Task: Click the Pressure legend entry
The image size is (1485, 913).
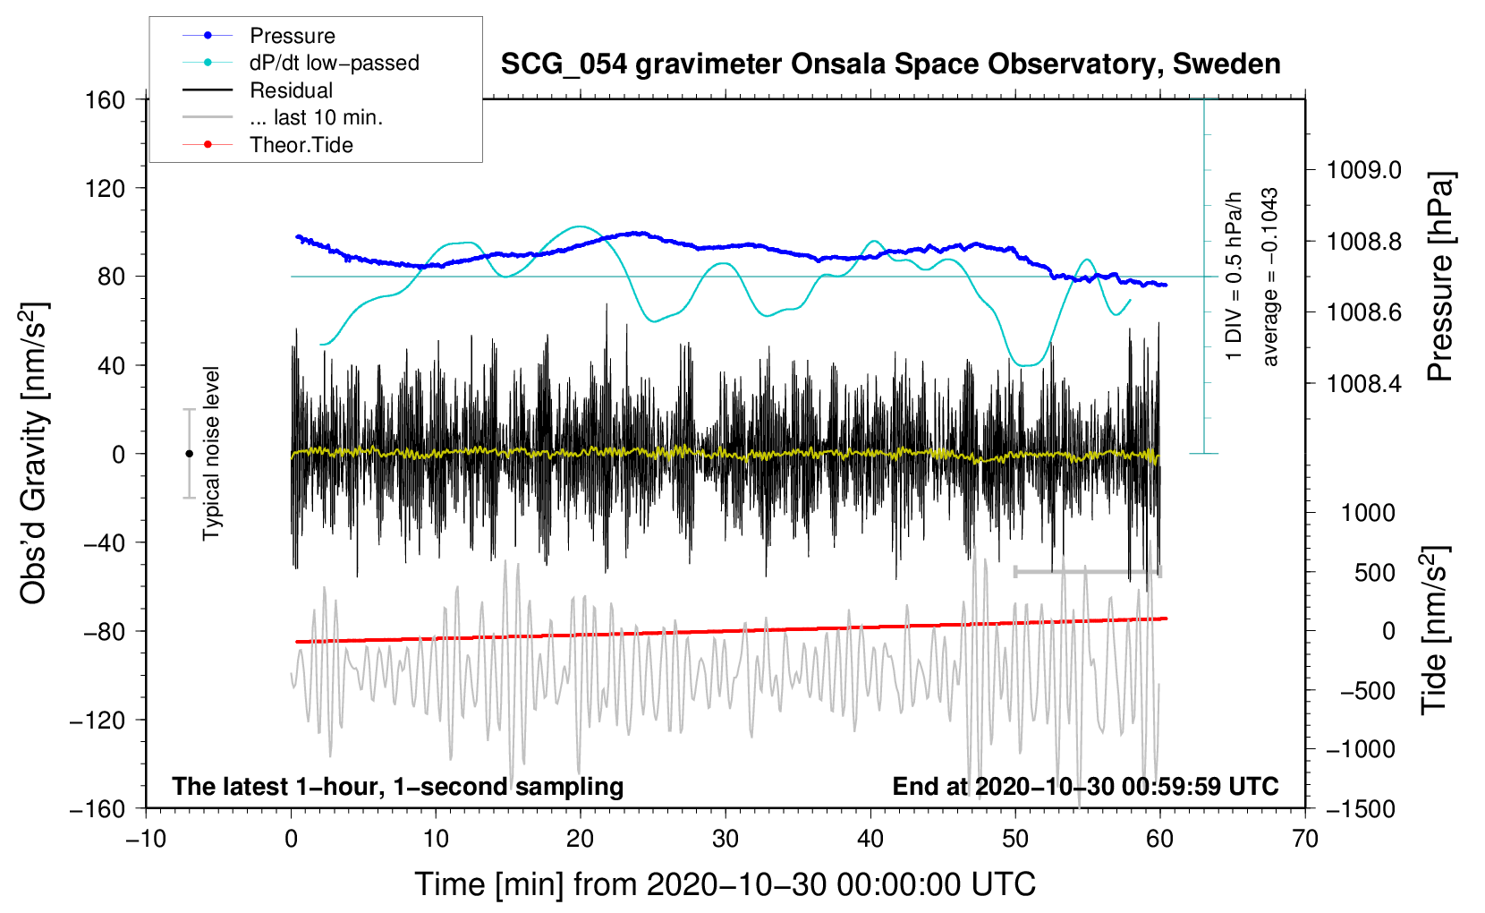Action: tap(259, 35)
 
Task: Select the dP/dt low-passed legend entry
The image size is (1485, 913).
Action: tap(301, 63)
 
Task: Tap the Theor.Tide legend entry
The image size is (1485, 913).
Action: tap(267, 145)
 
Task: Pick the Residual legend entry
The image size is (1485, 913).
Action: tap(258, 90)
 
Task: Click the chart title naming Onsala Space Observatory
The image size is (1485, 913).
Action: tap(890, 64)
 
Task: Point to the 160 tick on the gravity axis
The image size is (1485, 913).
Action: tap(106, 100)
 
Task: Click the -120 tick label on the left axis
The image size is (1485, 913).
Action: tap(98, 720)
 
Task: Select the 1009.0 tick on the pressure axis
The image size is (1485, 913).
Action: tap(1364, 170)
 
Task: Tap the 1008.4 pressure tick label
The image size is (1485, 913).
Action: tap(1364, 383)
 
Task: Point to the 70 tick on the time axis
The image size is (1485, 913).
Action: tap(1304, 839)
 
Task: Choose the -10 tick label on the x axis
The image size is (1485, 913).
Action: tap(146, 839)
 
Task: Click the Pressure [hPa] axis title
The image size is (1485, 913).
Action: tap(1440, 277)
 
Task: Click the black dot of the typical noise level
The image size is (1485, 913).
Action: tap(189, 454)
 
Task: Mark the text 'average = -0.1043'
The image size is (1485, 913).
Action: tap(1269, 277)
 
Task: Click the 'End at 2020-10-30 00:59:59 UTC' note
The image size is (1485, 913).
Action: tap(1085, 786)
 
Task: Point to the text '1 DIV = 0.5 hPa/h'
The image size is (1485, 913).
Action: tap(1233, 277)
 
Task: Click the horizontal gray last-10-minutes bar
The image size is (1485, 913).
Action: tap(1087, 571)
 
